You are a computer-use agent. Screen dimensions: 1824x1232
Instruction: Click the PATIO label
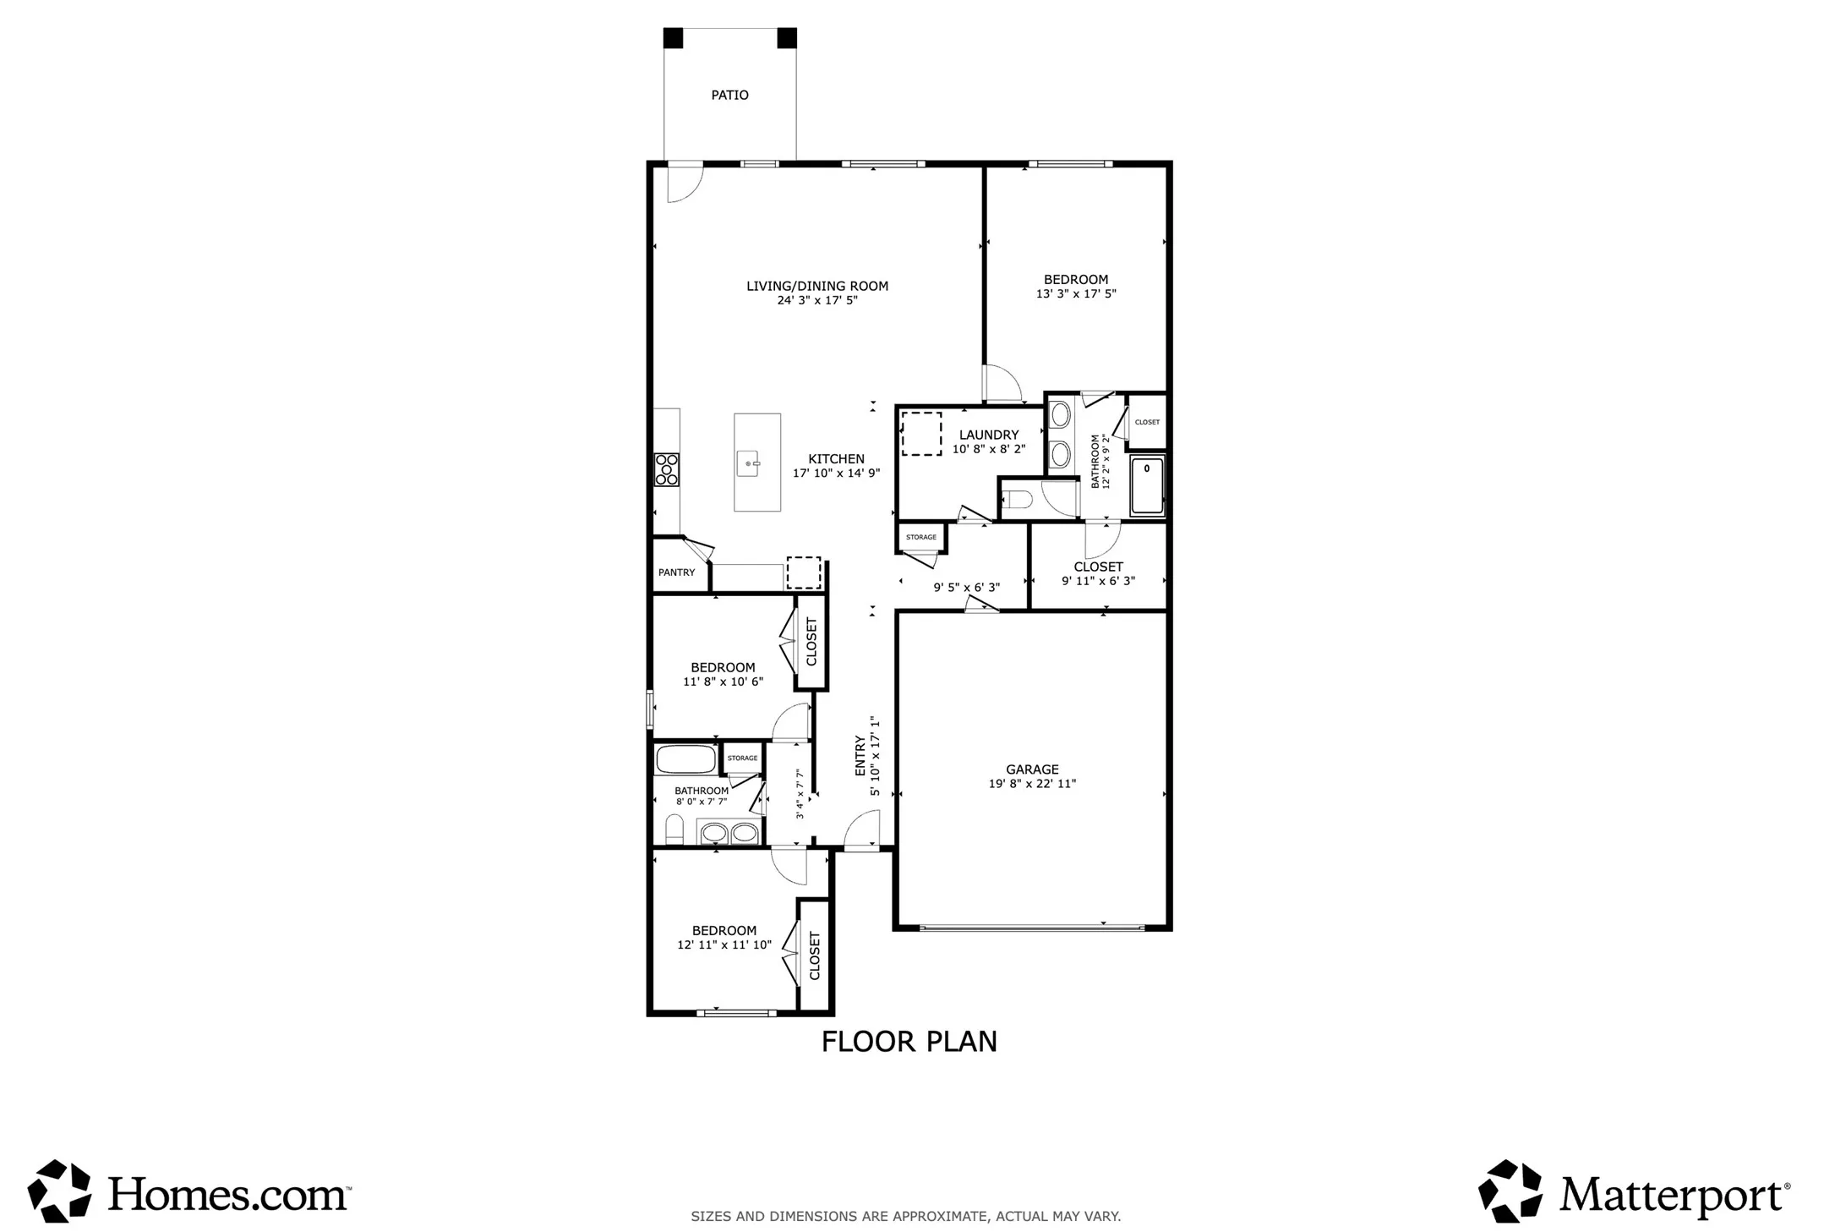point(729,96)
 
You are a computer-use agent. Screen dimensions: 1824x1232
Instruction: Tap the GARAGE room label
point(1032,769)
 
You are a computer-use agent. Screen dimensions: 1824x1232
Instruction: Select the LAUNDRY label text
point(989,435)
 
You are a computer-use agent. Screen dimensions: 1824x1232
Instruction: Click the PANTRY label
point(677,572)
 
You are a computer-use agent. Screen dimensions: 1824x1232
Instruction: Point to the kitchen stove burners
point(666,470)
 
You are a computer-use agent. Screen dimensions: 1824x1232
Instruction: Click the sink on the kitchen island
point(749,463)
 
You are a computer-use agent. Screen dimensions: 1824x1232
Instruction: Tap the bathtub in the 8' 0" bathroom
point(685,758)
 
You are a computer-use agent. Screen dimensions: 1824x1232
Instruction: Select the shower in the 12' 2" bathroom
point(1148,485)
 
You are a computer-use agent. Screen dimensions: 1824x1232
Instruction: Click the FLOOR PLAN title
point(909,1042)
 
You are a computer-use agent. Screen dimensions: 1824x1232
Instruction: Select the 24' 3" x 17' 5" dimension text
point(817,300)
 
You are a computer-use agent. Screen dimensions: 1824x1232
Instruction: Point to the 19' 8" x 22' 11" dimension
point(1032,784)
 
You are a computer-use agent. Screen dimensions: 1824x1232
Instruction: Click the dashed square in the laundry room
point(921,434)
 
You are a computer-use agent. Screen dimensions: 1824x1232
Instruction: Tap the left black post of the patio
point(673,38)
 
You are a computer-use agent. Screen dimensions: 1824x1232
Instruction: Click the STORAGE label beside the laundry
point(921,538)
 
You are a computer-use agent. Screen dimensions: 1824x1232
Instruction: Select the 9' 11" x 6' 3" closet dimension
point(1098,581)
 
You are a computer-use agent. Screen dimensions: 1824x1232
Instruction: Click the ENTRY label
point(860,756)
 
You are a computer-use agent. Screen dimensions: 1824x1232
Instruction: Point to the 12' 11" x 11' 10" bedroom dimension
point(724,945)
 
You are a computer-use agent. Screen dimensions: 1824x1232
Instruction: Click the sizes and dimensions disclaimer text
point(906,1217)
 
